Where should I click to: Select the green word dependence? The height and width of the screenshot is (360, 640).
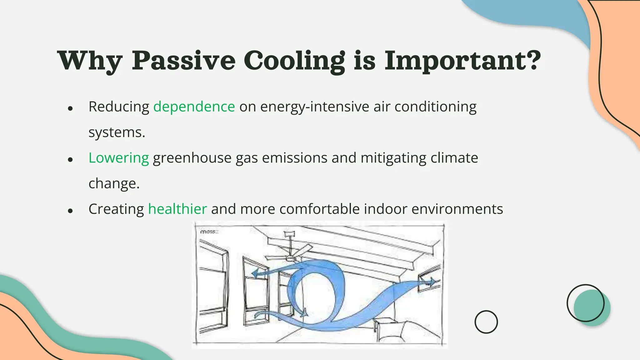(194, 107)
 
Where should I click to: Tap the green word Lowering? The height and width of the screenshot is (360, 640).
(119, 158)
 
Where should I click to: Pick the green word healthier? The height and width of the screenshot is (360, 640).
(177, 209)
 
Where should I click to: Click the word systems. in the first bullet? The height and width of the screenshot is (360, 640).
(117, 132)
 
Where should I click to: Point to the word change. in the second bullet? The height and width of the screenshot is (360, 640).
(114, 183)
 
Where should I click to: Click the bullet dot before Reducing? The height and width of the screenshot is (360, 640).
(70, 108)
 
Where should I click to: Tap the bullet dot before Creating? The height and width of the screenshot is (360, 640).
(70, 211)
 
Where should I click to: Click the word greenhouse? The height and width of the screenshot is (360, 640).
(192, 158)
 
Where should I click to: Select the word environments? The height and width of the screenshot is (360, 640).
(457, 209)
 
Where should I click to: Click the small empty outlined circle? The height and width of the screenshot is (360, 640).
(486, 322)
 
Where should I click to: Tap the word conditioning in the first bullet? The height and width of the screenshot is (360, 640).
(435, 107)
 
